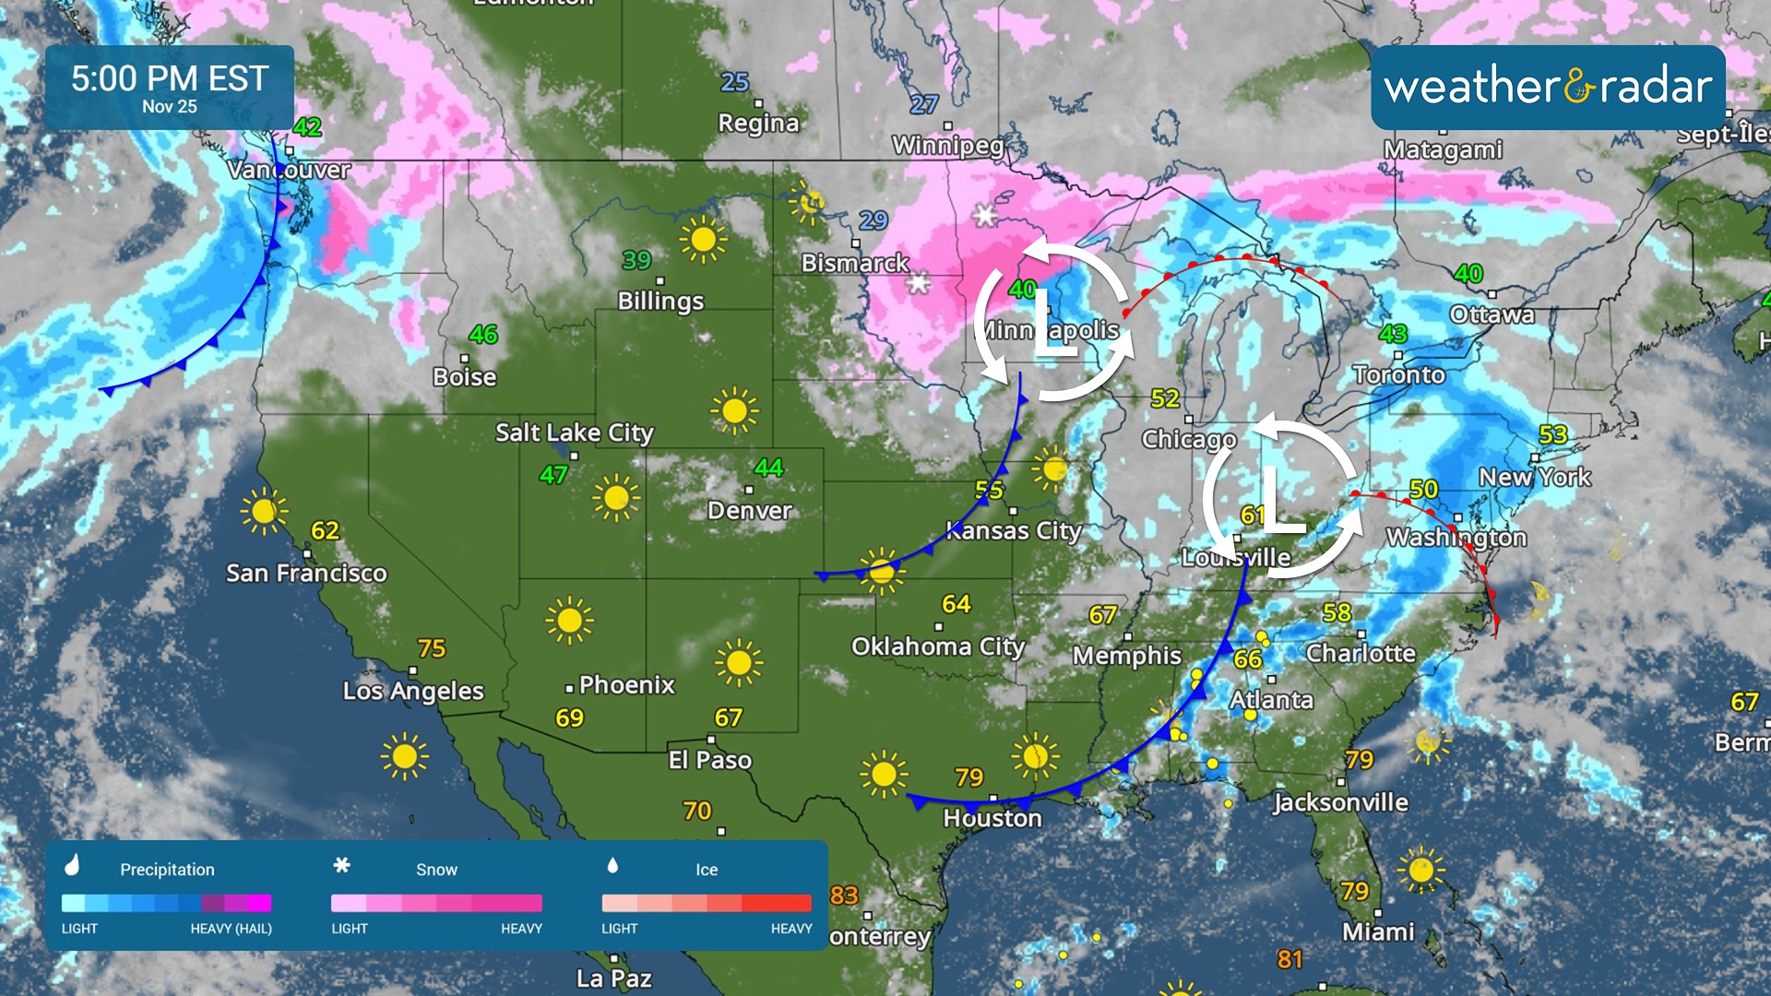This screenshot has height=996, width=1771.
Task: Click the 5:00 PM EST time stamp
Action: (x=170, y=78)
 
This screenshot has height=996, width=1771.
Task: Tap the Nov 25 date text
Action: (x=170, y=107)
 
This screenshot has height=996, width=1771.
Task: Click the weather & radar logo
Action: (x=1548, y=87)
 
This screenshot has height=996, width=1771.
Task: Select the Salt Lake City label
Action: (x=574, y=433)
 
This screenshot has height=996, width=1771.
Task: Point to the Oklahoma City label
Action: (x=937, y=646)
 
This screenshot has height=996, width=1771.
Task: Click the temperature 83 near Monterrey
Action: (x=844, y=895)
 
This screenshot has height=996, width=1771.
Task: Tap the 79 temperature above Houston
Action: (x=969, y=777)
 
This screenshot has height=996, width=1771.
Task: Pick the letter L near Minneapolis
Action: (x=1052, y=323)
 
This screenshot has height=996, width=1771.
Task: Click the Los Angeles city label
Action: (x=413, y=691)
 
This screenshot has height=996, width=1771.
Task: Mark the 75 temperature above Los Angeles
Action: (x=432, y=648)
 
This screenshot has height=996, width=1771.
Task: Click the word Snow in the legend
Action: (x=436, y=870)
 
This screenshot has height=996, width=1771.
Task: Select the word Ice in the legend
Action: (x=707, y=870)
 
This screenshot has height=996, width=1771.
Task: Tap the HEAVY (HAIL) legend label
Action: (x=231, y=929)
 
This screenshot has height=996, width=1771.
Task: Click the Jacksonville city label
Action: (x=1340, y=802)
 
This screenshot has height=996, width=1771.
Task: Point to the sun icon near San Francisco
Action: (x=264, y=511)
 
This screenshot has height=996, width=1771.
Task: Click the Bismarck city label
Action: (x=855, y=263)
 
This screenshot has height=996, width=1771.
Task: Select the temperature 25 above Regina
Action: (x=734, y=82)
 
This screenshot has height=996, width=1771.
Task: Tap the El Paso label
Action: (x=709, y=760)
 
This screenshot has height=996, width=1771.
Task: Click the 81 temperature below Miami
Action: (x=1290, y=960)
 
